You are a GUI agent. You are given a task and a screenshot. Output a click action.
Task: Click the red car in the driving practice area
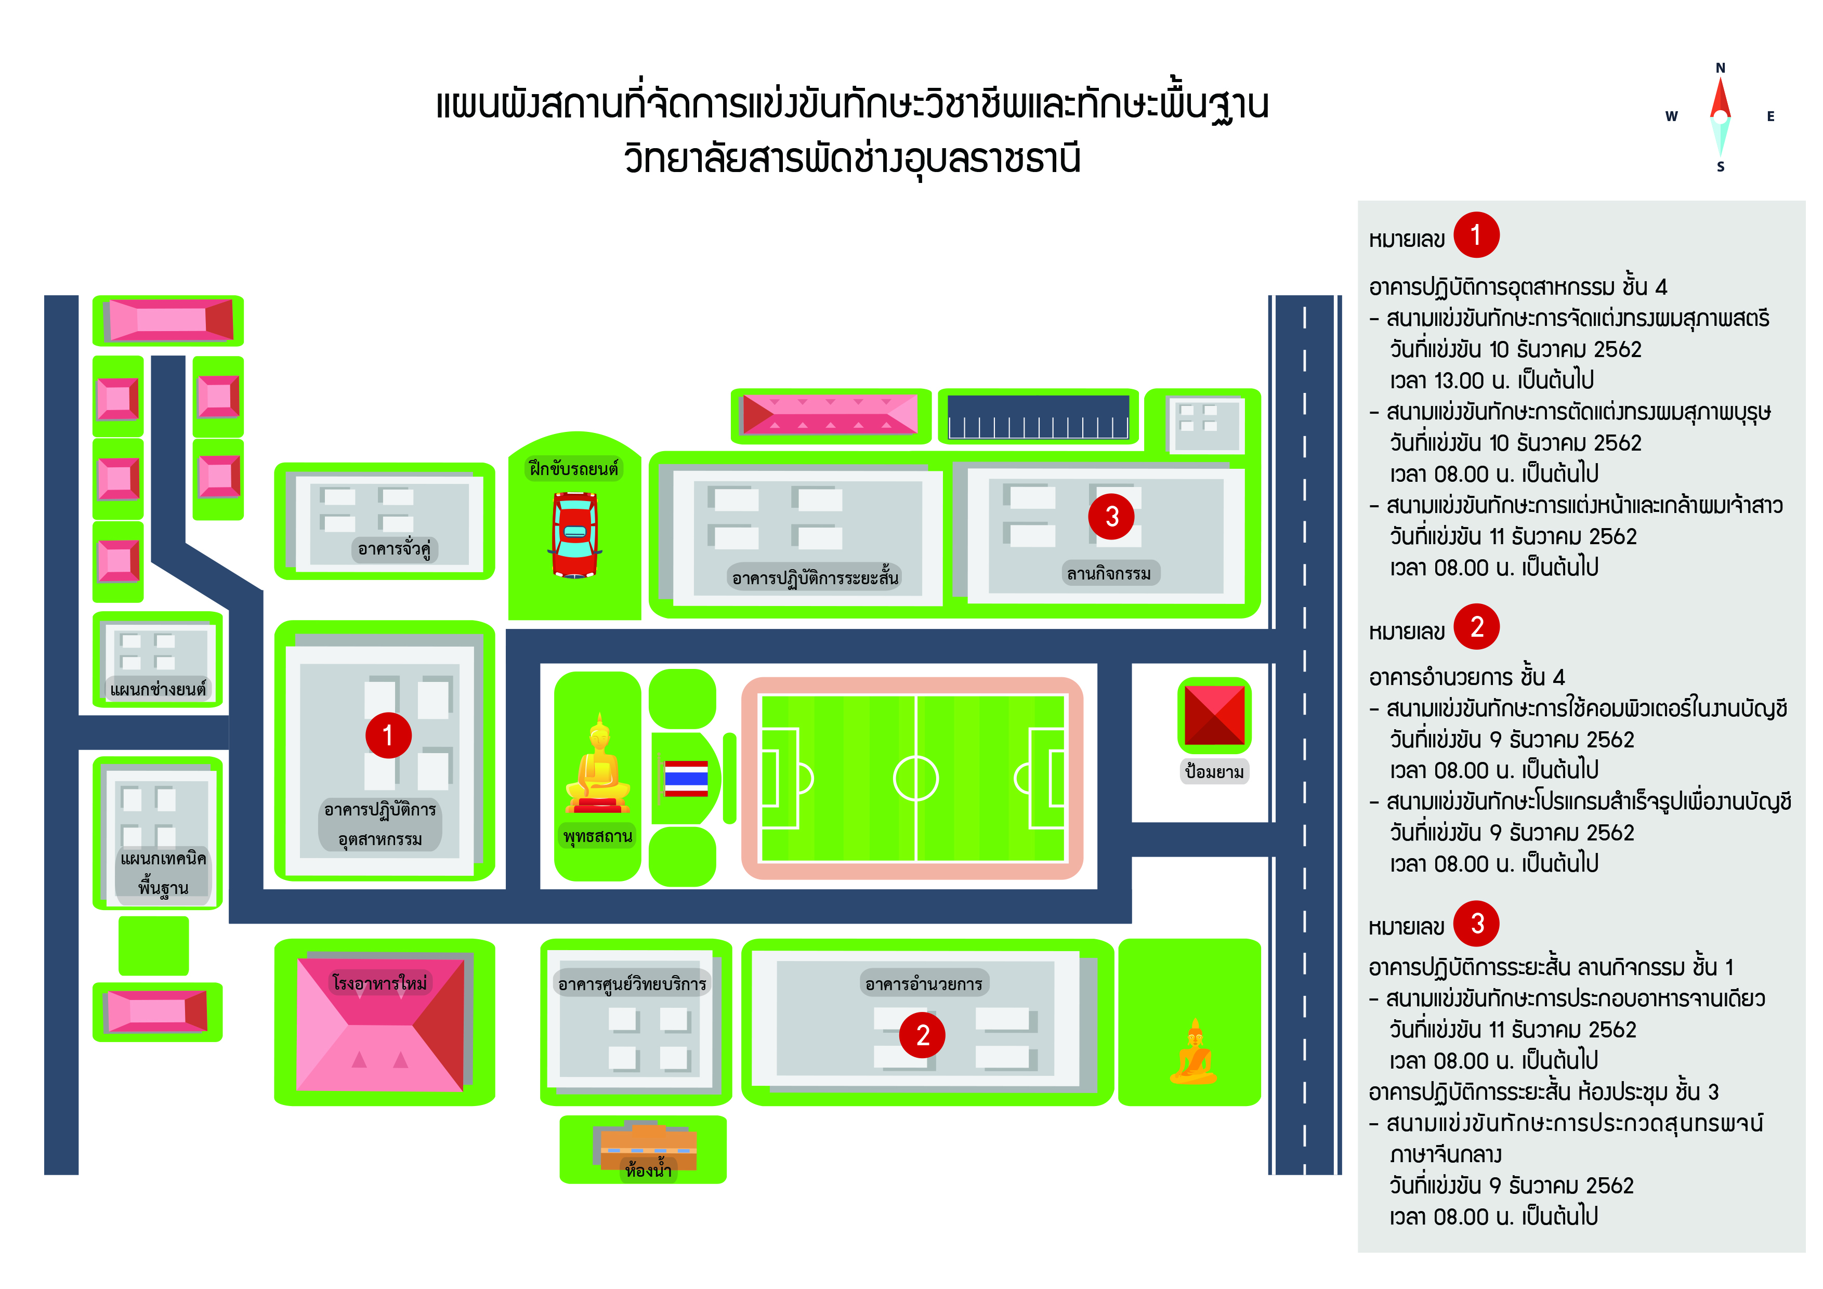click(x=575, y=534)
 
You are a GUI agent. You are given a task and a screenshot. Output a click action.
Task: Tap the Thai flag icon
click(x=686, y=778)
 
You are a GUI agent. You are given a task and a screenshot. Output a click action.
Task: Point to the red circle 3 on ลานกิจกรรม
click(x=1111, y=516)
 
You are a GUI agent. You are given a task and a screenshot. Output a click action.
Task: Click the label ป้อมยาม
click(x=1214, y=771)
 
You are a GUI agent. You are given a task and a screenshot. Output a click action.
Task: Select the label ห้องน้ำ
click(x=648, y=1170)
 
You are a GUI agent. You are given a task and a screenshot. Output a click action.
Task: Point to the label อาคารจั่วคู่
click(x=394, y=548)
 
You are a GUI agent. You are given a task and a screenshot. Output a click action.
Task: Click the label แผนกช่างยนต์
click(x=158, y=689)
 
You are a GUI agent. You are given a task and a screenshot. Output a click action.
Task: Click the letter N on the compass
click(x=1721, y=68)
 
